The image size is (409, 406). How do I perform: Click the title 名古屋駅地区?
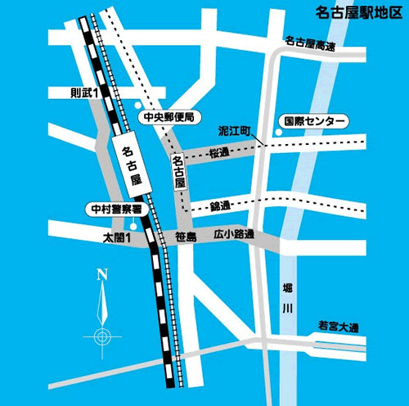point(358,12)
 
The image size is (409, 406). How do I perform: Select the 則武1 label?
point(84,94)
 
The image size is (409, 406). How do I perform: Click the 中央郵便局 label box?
point(168,117)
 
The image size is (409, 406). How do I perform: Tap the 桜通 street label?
point(219,153)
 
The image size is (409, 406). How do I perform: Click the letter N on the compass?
point(101,274)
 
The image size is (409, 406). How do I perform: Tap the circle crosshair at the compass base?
point(101,336)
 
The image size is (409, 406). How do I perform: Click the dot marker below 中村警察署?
point(131,225)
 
